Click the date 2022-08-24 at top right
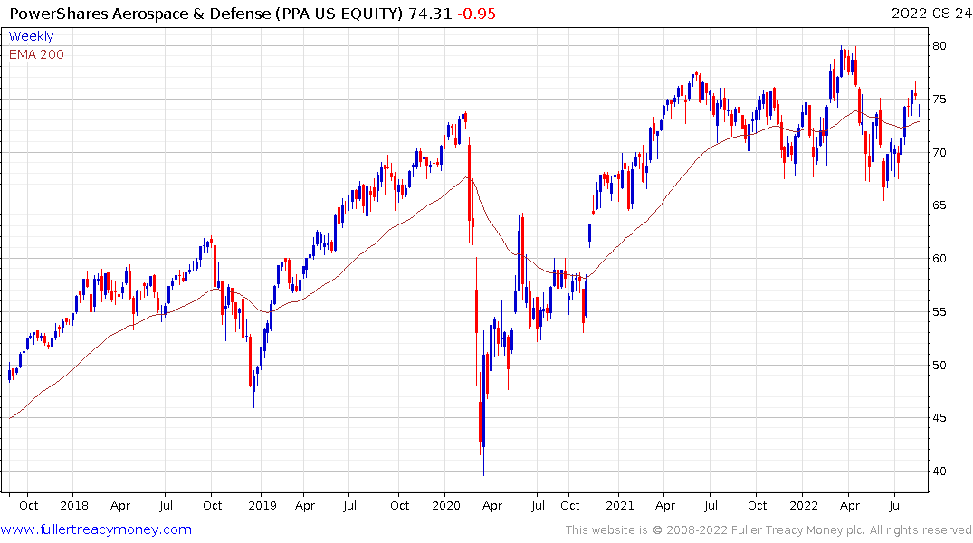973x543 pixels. [x=930, y=14]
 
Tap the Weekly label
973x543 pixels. [x=31, y=36]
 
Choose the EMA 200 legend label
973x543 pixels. [x=36, y=54]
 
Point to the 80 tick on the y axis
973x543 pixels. [x=942, y=46]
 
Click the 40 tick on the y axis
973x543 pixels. [x=942, y=472]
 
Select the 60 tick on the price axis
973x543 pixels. [x=942, y=259]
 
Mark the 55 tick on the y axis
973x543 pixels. [x=942, y=312]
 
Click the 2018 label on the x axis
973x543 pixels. [x=74, y=505]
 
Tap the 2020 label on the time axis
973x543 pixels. [x=445, y=505]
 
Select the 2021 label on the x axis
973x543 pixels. [x=620, y=505]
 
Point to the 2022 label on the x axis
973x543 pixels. [x=804, y=505]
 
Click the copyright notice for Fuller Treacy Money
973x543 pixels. [x=768, y=530]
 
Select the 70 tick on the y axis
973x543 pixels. [x=942, y=153]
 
